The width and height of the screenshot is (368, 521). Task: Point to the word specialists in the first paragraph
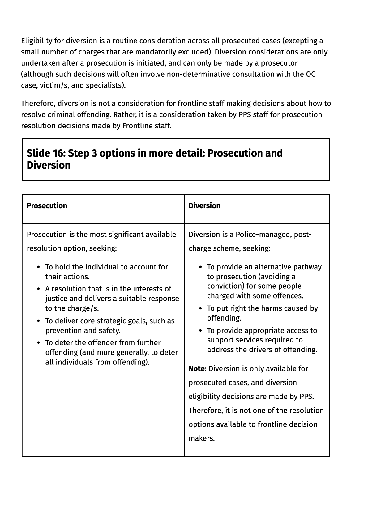pos(105,85)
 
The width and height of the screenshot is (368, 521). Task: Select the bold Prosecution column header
pos(47,206)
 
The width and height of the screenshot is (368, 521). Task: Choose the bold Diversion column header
pos(204,206)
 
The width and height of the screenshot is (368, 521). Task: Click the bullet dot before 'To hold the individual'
pos(38,267)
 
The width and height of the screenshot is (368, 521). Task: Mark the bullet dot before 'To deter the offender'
pos(38,343)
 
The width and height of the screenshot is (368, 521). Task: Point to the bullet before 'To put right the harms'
pos(200,309)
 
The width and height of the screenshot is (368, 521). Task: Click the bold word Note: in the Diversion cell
pos(197,369)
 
